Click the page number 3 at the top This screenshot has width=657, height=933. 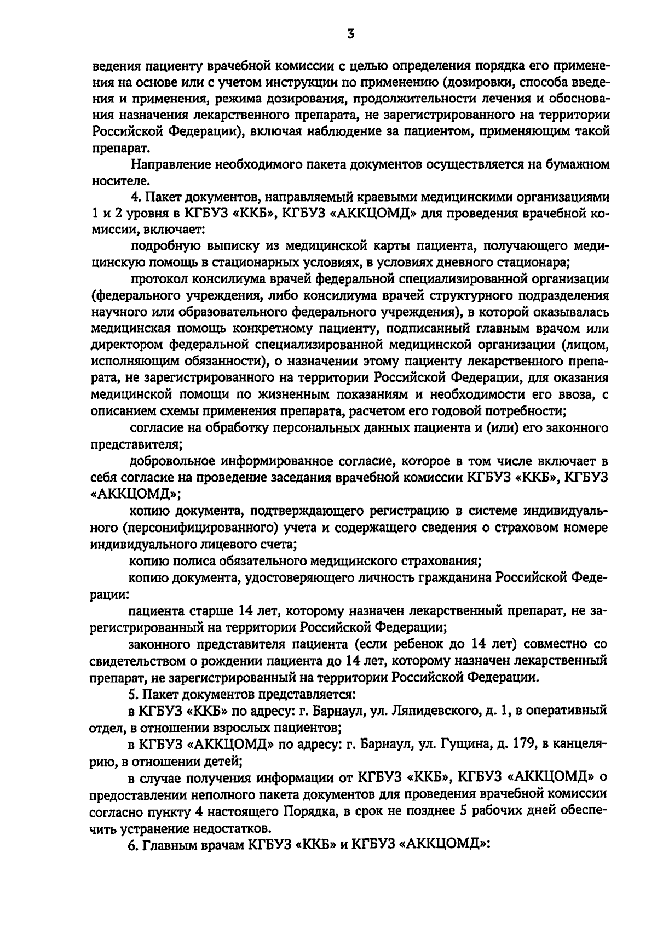click(x=351, y=35)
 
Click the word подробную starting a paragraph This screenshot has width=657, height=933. click(x=159, y=247)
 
